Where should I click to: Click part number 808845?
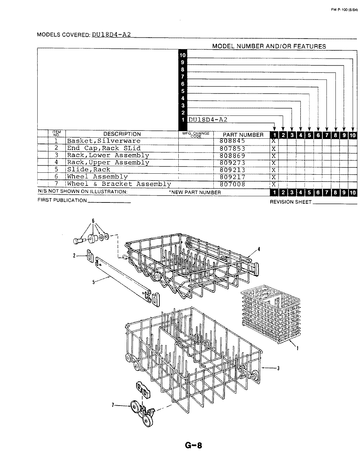[x=233, y=141]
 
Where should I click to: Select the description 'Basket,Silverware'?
[x=104, y=141]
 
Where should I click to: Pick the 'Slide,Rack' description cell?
[x=89, y=170]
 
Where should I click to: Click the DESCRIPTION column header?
[x=122, y=134]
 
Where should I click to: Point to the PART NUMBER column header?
[x=243, y=135]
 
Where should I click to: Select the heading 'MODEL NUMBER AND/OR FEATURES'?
[x=269, y=46]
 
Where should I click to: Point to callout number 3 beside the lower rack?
[x=278, y=369]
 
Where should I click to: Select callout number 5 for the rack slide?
[x=93, y=282]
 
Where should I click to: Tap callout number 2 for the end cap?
[x=74, y=256]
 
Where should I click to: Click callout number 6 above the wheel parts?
[x=93, y=221]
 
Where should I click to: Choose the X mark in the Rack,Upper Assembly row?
[x=273, y=163]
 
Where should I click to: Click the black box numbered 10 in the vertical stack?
[x=183, y=55]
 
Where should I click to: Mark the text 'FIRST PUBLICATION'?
[x=62, y=200]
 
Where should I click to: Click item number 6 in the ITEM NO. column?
[x=56, y=177]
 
